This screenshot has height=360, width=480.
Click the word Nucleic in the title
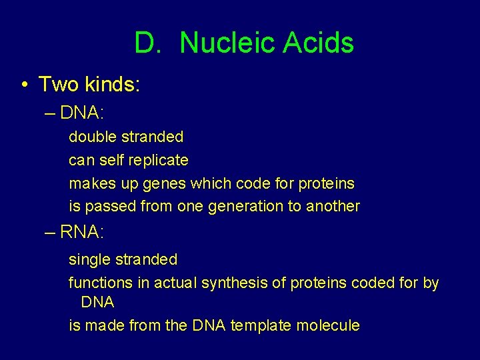coord(227,43)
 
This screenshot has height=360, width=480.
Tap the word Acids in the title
coord(318,43)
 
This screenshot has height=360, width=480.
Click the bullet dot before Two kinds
coord(24,85)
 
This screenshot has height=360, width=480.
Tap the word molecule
coord(328,326)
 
